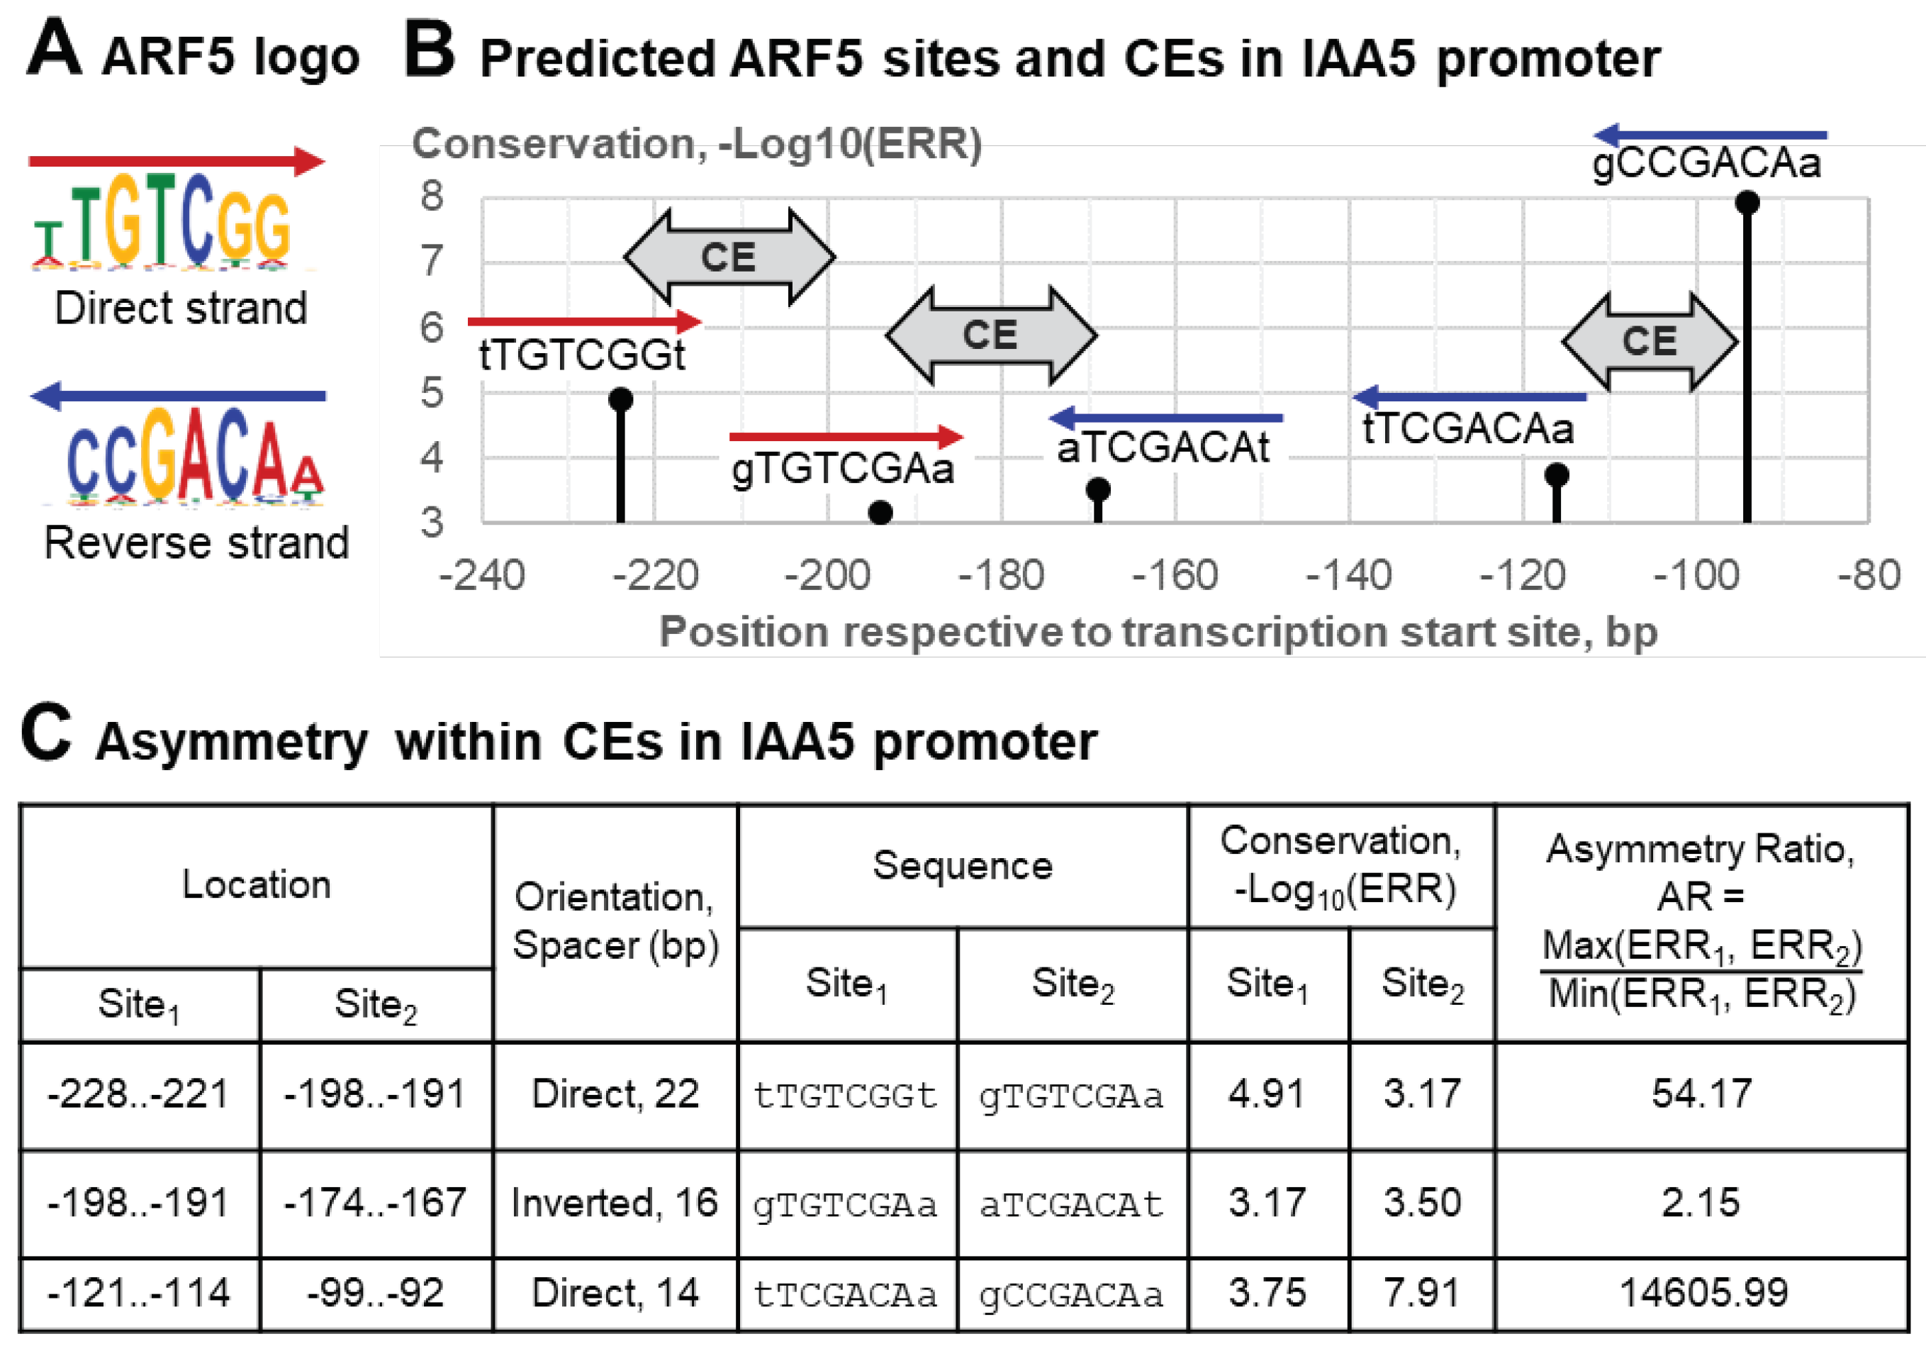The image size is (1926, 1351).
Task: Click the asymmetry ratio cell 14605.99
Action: coord(1703,1293)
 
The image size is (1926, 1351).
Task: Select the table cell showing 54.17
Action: coord(1702,1094)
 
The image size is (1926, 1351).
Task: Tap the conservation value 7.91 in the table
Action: coord(1422,1293)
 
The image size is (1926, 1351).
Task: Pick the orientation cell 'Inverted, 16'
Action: coord(615,1203)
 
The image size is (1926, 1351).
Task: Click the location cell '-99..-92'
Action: coord(375,1293)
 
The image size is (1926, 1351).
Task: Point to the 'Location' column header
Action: coord(257,885)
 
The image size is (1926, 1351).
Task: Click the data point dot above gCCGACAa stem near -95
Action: coord(1747,202)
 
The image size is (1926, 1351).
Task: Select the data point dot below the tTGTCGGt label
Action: coord(621,399)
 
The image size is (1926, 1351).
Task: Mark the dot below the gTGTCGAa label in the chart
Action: coord(880,512)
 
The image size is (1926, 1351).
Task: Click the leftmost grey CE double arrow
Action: coord(729,257)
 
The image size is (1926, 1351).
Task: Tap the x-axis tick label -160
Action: coord(1175,576)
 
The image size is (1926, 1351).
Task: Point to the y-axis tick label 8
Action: coord(432,196)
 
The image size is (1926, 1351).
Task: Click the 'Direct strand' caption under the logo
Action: coord(181,308)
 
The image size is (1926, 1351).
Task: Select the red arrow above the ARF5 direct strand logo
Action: coord(177,160)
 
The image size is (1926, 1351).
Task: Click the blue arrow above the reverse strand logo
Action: coord(178,395)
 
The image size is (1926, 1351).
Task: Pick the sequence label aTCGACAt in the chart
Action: coord(1163,448)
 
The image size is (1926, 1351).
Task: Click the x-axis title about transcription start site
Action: coord(1158,632)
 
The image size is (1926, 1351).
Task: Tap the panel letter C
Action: coord(46,733)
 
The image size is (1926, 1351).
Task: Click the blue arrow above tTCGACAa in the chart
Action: coord(1469,396)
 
